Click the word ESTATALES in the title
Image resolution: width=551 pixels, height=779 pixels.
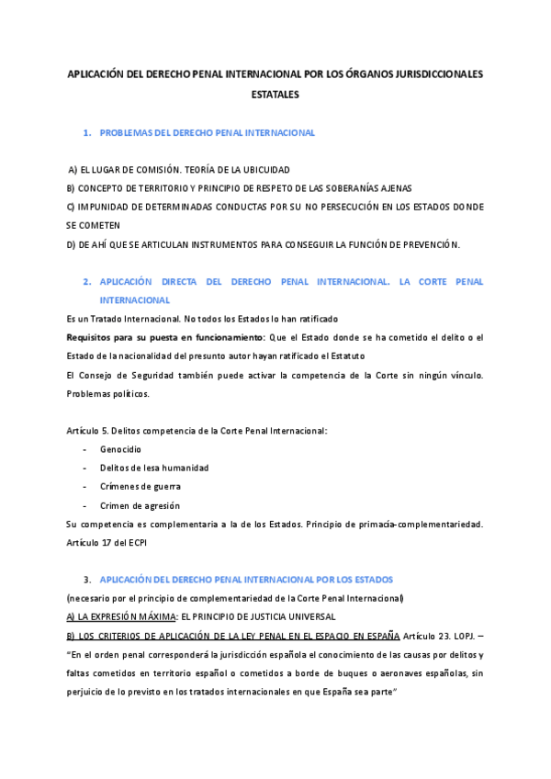tap(275, 94)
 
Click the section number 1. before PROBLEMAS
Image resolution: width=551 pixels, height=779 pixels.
tap(87, 133)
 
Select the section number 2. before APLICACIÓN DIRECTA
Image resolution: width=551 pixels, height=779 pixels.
tap(87, 282)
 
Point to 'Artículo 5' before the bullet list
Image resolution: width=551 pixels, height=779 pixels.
tap(89, 431)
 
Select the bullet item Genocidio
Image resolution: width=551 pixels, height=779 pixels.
tap(120, 449)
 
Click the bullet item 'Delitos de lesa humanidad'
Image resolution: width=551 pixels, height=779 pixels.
tap(154, 468)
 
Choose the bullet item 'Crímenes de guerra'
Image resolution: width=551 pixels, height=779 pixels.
tap(141, 487)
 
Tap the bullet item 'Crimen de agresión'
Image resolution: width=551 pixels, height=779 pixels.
tap(141, 505)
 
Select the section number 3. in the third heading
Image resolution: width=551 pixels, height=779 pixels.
tap(87, 580)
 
